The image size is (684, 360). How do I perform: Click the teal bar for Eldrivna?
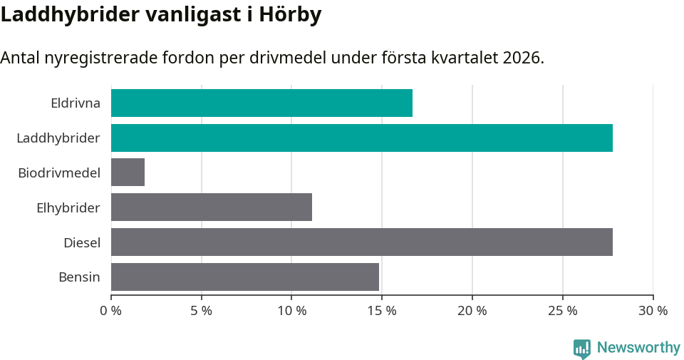(261, 103)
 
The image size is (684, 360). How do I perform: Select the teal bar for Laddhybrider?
(361, 138)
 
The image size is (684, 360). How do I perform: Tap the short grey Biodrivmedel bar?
(128, 173)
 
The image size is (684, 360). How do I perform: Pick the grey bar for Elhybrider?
(211, 207)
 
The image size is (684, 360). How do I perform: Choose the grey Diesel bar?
(361, 242)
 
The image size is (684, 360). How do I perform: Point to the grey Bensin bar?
(244, 277)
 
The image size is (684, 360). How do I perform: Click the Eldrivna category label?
(75, 103)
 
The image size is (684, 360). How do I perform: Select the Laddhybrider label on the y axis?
(58, 138)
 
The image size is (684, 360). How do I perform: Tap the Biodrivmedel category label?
(59, 173)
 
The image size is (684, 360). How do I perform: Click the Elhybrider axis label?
(68, 207)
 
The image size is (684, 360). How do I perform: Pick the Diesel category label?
(81, 242)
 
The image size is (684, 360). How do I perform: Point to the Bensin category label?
(79, 277)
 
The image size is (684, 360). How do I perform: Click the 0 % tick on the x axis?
(111, 311)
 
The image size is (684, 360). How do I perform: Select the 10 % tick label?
(291, 311)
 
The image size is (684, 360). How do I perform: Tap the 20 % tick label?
(472, 311)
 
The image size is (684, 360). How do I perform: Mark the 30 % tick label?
(653, 311)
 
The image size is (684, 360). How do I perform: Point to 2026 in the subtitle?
(521, 58)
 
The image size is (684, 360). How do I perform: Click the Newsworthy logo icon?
(582, 348)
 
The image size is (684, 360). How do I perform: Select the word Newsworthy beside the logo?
(638, 348)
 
